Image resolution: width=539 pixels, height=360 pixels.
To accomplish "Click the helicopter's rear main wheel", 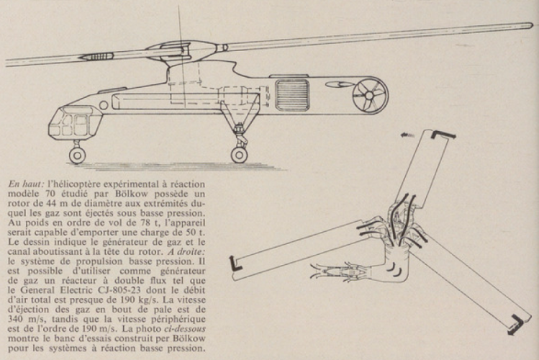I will pos(239,153).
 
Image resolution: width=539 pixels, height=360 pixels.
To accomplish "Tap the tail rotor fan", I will pos(370,96).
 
